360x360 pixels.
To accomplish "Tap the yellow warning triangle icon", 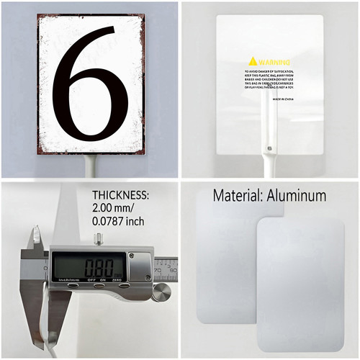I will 253,61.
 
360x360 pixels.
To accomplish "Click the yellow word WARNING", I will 275,62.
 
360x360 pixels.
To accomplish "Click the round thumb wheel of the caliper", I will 161,292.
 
